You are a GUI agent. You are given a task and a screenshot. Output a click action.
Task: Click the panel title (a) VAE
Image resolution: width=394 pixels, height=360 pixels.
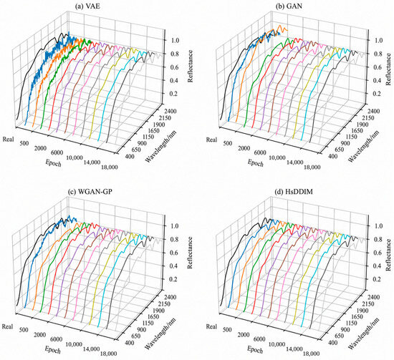coord(87,6)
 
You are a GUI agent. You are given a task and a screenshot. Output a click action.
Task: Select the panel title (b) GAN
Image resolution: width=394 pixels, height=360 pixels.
coord(289,6)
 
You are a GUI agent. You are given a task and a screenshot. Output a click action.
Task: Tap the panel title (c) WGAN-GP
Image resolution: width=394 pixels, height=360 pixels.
coord(90,192)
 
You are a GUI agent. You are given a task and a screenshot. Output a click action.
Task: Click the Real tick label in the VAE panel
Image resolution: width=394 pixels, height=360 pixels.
coord(9,139)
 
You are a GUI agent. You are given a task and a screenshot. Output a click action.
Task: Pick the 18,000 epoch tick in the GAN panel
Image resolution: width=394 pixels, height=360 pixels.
coord(312,167)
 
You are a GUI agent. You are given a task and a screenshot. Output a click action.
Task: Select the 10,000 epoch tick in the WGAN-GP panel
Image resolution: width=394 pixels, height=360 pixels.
coord(74,345)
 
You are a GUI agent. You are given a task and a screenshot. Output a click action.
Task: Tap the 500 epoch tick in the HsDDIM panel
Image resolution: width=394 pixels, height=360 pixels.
coord(227,330)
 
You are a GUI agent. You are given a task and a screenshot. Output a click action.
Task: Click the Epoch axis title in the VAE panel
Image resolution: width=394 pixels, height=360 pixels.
coord(53,163)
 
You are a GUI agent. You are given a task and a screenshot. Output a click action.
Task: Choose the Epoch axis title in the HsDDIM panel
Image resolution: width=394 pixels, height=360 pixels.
coord(255,349)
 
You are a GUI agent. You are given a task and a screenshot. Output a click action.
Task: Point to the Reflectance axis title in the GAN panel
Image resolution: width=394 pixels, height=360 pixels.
coord(389,69)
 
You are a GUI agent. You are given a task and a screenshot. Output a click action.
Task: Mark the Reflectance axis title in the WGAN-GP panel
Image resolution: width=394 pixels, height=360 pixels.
coord(191,253)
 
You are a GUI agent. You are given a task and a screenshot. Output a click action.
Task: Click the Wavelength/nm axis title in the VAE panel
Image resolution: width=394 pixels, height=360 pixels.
coord(161,146)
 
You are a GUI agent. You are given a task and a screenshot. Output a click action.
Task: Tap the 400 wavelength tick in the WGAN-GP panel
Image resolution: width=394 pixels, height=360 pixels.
coord(129,343)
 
